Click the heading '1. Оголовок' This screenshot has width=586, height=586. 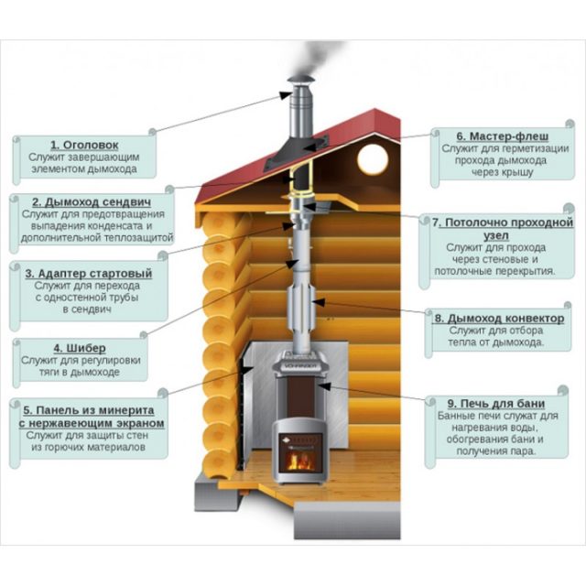(84, 145)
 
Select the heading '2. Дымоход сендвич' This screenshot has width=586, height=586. (92, 202)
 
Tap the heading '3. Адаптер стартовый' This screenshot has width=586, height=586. (89, 274)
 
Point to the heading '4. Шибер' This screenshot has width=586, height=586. (80, 348)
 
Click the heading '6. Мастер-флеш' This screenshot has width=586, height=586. (503, 136)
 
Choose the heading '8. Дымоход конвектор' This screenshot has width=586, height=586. (500, 319)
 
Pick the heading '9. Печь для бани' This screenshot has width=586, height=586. (496, 404)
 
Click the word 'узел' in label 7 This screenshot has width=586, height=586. (496, 236)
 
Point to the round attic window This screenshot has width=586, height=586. (373, 159)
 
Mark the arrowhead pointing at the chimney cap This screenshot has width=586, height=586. (286, 95)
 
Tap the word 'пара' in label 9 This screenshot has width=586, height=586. (523, 451)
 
